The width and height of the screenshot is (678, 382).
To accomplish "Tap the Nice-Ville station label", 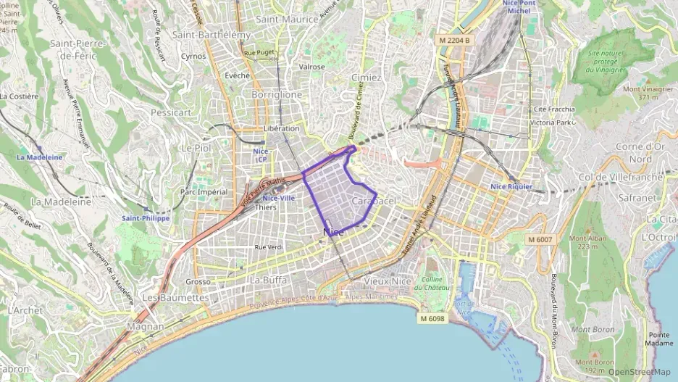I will coord(278,198).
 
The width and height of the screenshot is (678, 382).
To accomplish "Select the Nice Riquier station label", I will coord(511,186).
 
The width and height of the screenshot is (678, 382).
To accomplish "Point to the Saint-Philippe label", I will coord(146,217).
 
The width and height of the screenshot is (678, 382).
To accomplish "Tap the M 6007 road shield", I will coord(540,239).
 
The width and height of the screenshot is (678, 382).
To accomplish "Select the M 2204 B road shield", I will coord(455,41).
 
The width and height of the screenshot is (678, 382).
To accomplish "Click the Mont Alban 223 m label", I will coord(587,242).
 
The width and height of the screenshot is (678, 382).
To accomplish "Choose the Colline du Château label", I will coord(432,283).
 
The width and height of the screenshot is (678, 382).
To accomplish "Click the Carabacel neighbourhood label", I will coord(373,200).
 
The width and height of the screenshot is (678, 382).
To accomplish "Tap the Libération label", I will coord(281,128).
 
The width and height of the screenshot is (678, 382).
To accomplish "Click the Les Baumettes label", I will coord(175,297).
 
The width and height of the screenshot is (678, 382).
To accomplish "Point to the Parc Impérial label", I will coord(204,192).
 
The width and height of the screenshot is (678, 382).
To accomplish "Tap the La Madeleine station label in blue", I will coord(40,157).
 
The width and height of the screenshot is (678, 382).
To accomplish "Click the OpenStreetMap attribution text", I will coord(639,373).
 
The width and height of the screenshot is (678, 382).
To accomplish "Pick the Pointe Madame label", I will coord(660,339).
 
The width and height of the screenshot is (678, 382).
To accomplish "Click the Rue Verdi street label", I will coord(268,247).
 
